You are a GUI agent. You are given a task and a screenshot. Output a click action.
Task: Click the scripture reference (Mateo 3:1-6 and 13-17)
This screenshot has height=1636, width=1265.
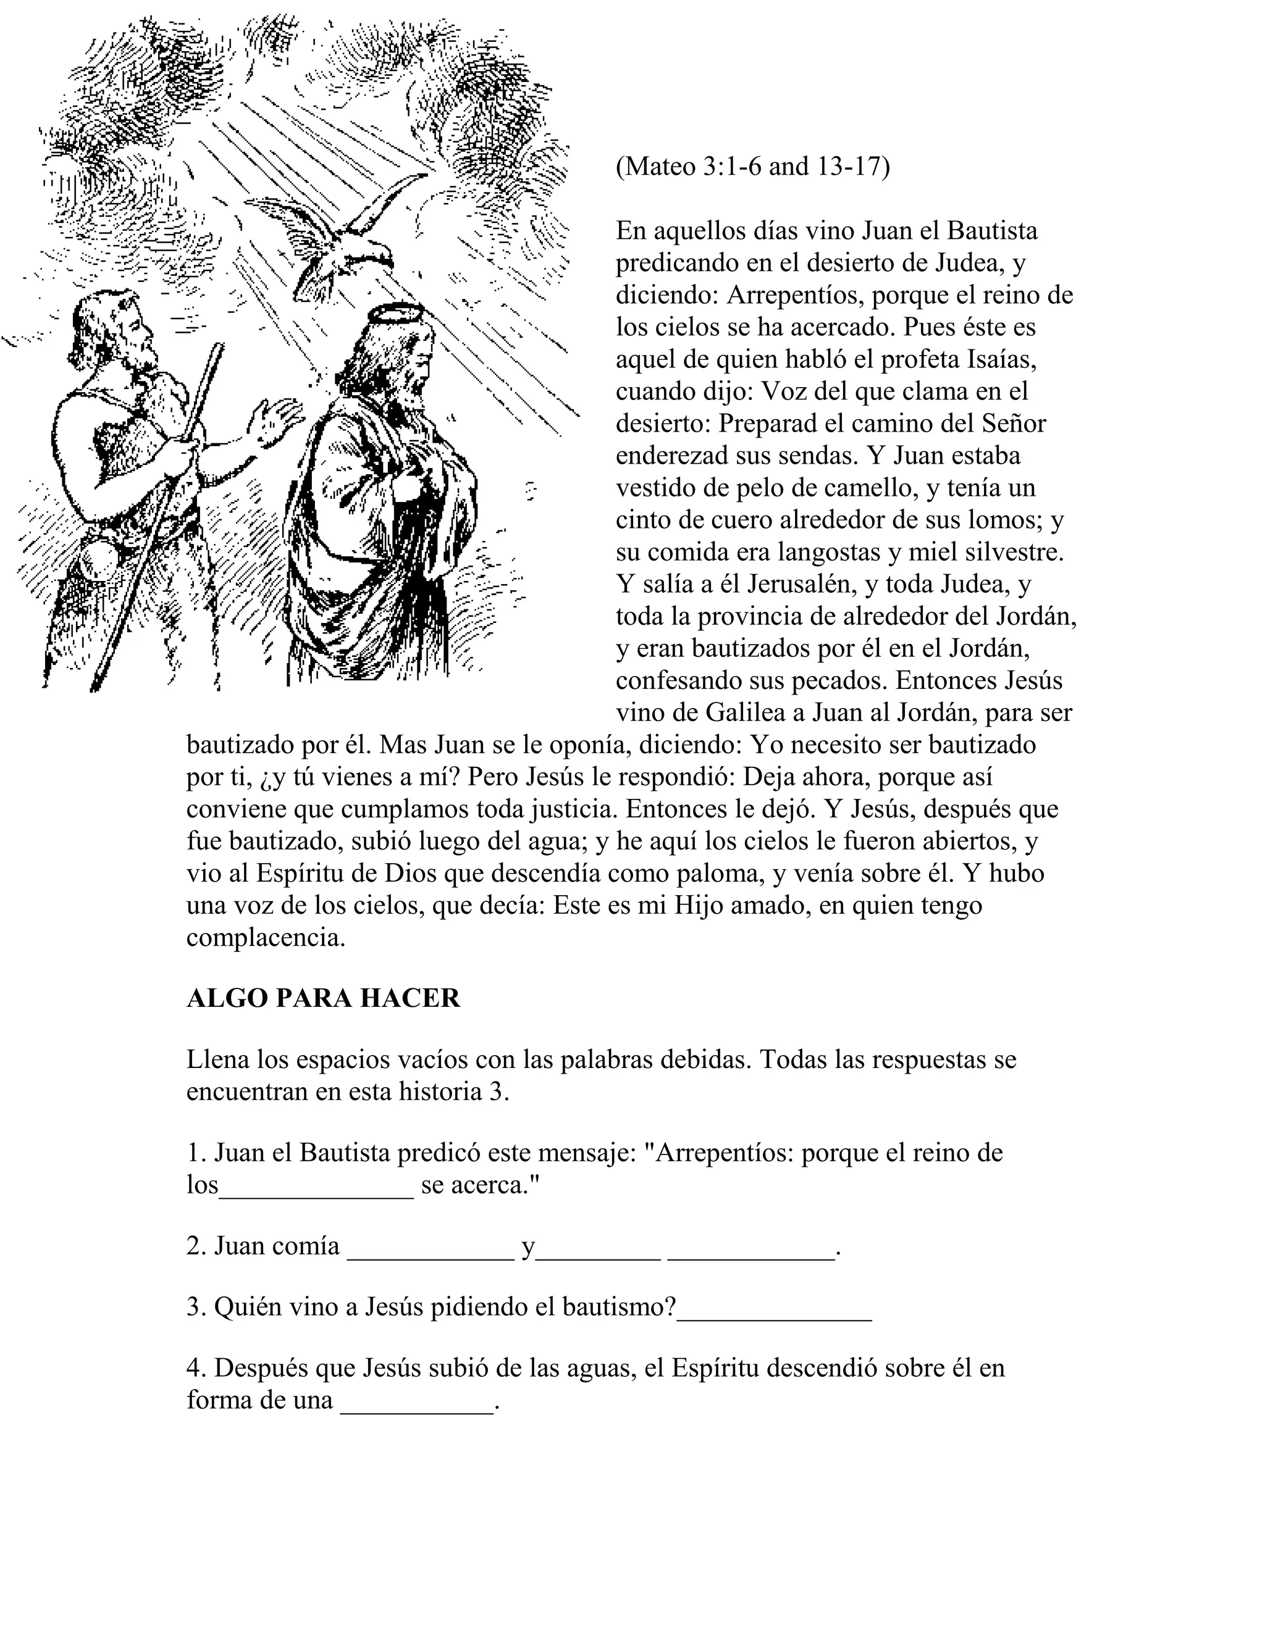click(x=752, y=166)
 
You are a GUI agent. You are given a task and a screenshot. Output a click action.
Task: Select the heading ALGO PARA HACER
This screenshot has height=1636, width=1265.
click(x=323, y=998)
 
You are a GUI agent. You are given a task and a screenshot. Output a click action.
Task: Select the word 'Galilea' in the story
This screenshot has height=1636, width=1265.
click(x=752, y=712)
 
